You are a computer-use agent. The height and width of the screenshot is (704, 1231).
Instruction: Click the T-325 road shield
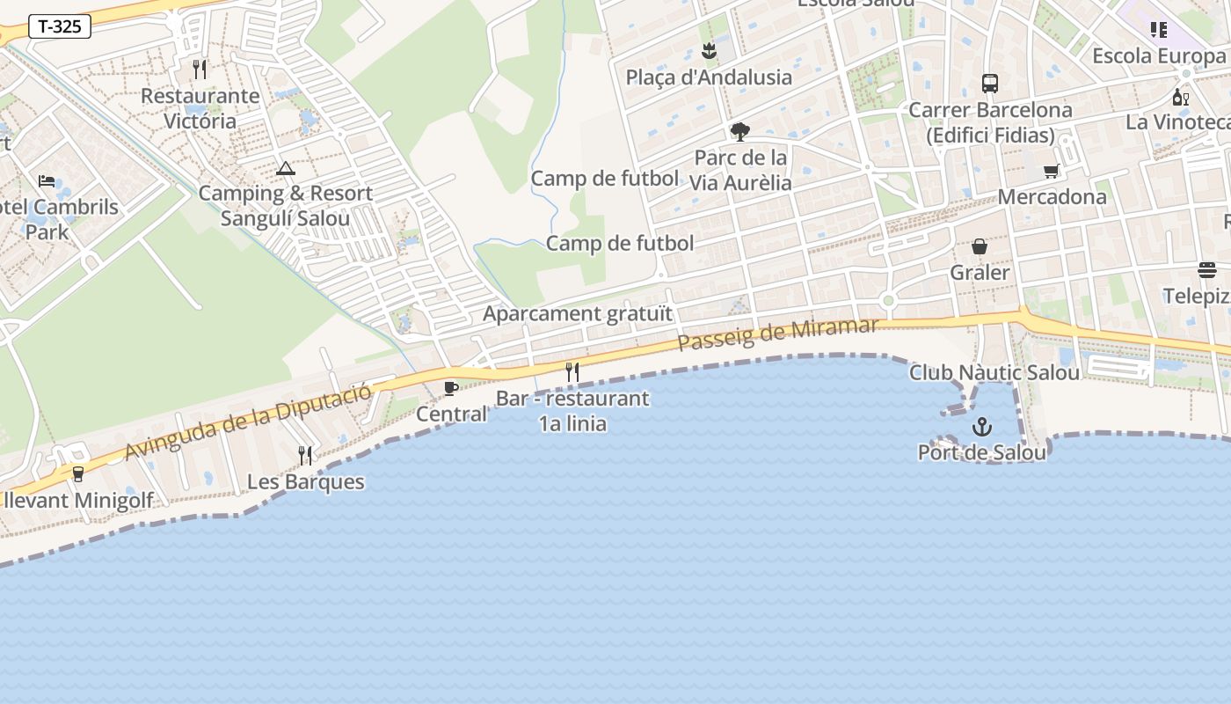pyautogui.click(x=60, y=26)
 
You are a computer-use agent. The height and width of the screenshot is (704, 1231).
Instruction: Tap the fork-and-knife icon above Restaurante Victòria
pyautogui.click(x=200, y=70)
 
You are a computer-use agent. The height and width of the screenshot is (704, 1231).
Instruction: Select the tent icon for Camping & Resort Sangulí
pyautogui.click(x=285, y=168)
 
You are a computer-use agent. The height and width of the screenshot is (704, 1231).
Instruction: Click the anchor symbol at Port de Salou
pyautogui.click(x=981, y=428)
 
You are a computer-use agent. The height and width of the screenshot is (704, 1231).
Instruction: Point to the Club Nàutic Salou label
pyautogui.click(x=994, y=373)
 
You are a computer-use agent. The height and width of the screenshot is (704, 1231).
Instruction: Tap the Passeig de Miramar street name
pyautogui.click(x=777, y=335)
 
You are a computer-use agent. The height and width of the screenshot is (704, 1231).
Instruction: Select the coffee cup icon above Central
pyautogui.click(x=451, y=388)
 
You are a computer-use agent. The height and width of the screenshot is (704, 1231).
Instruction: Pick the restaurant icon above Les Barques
pyautogui.click(x=305, y=455)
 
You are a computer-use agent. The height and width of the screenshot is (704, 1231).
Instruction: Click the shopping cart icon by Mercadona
pyautogui.click(x=1052, y=171)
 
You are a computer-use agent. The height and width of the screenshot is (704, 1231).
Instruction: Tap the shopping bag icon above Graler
pyautogui.click(x=980, y=247)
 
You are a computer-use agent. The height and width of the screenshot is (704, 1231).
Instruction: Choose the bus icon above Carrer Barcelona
pyautogui.click(x=990, y=84)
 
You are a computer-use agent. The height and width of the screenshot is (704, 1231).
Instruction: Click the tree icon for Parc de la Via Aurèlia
pyautogui.click(x=739, y=132)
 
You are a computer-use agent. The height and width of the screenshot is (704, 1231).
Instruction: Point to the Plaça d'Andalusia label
pyautogui.click(x=709, y=77)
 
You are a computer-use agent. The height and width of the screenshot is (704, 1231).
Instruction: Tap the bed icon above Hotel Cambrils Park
pyautogui.click(x=47, y=181)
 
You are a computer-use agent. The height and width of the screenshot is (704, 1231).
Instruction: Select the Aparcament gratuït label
pyautogui.click(x=578, y=313)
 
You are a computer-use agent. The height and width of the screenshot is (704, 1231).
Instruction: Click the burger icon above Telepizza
pyautogui.click(x=1206, y=270)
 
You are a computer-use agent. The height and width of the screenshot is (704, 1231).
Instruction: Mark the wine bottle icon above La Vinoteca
pyautogui.click(x=1180, y=97)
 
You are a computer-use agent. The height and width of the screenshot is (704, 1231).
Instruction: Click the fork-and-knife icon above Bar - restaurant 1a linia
pyautogui.click(x=572, y=372)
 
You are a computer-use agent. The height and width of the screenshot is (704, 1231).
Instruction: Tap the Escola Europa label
pyautogui.click(x=1158, y=56)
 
